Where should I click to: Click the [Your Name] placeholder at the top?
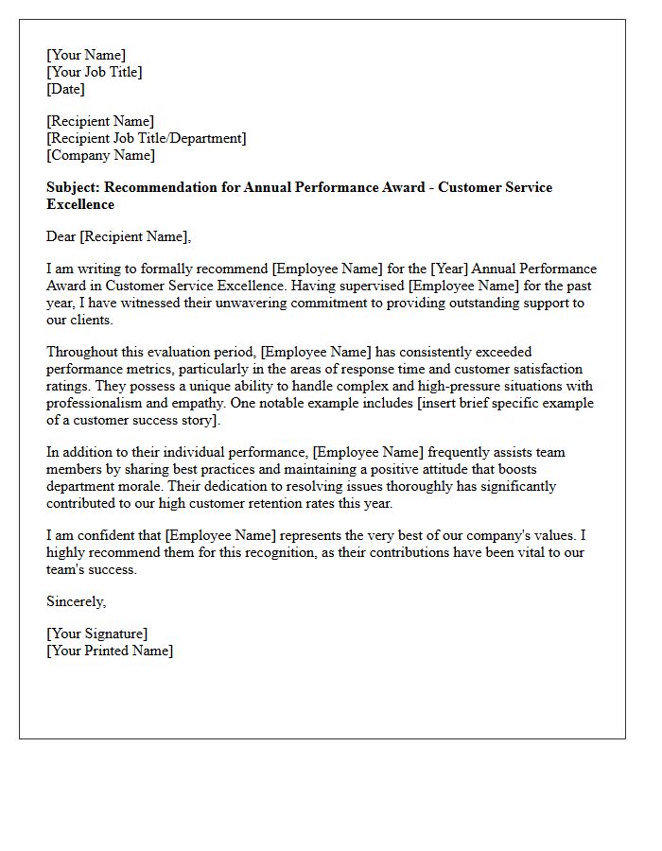86,55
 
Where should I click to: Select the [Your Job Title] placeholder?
95,72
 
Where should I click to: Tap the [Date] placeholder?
65,89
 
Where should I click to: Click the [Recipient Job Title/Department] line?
147,138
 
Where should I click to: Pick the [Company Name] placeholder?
101,155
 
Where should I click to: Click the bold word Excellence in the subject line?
80,204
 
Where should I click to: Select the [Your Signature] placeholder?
97,634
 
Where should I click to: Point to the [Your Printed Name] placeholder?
110,651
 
